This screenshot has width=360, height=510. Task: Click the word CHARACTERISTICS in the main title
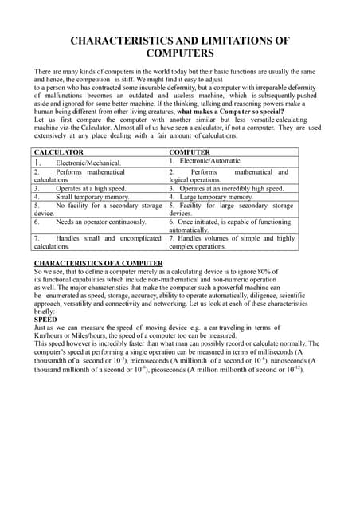pyautogui.click(x=122, y=40)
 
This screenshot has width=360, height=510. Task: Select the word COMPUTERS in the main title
pyautogui.click(x=180, y=53)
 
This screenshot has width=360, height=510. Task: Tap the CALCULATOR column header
pyautogui.click(x=59, y=151)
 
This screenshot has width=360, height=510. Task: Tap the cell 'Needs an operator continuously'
pyautogui.click(x=100, y=222)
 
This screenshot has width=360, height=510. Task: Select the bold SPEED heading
pyautogui.click(x=45, y=319)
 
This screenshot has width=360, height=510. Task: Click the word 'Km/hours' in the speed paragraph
pyautogui.click(x=49, y=335)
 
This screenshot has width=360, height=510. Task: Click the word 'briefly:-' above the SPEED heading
pyautogui.click(x=46, y=311)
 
